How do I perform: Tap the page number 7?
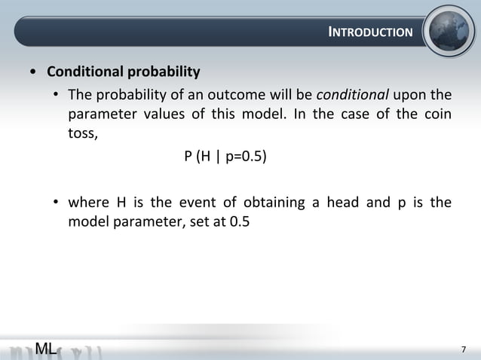[464, 349]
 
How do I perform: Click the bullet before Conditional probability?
[32, 74]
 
